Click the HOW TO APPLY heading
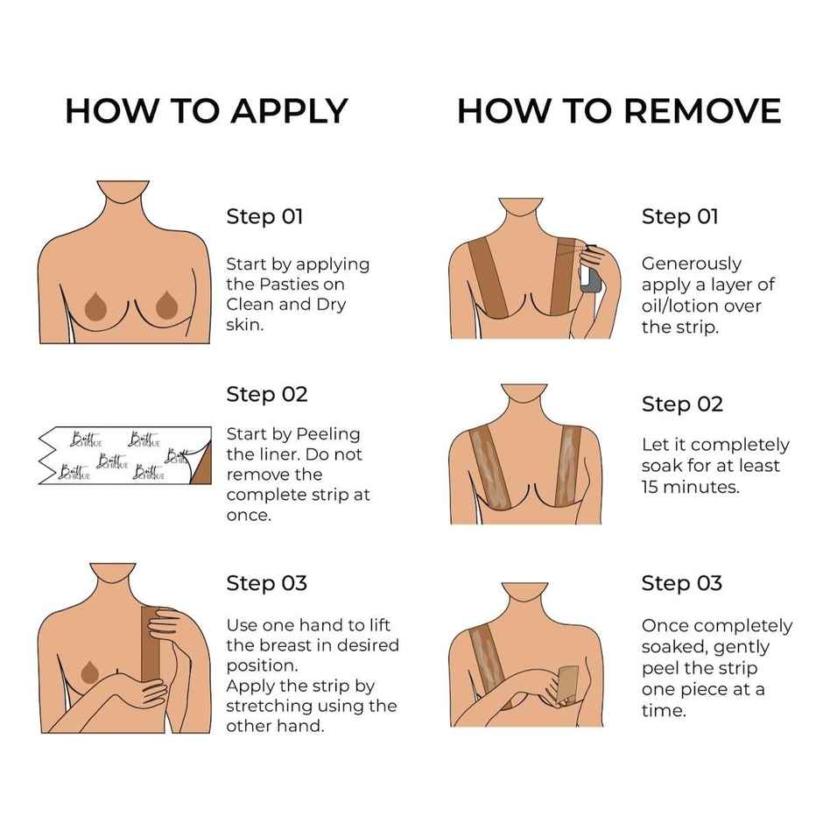[x=206, y=111]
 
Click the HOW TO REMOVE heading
[x=618, y=111]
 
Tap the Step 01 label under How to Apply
[x=264, y=216]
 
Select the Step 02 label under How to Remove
[x=682, y=404]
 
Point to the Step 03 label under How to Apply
[x=267, y=582]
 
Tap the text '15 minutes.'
[x=691, y=487]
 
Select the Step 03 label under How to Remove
[x=682, y=582]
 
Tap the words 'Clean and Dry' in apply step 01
[x=285, y=305]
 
